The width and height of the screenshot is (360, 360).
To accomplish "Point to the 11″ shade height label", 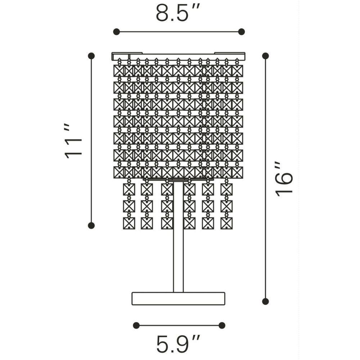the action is click(x=73, y=141).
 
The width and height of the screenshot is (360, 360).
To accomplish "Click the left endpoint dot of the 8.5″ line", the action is click(x=116, y=32).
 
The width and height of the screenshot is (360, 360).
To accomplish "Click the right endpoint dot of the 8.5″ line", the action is click(x=241, y=32).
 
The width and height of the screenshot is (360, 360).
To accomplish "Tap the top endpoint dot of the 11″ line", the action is click(x=91, y=56).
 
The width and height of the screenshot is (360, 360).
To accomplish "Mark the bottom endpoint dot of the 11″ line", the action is click(x=91, y=225).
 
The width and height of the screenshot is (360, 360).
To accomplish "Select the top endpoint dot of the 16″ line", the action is click(x=265, y=56).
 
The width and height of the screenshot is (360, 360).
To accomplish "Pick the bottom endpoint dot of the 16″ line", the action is click(x=265, y=301).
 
